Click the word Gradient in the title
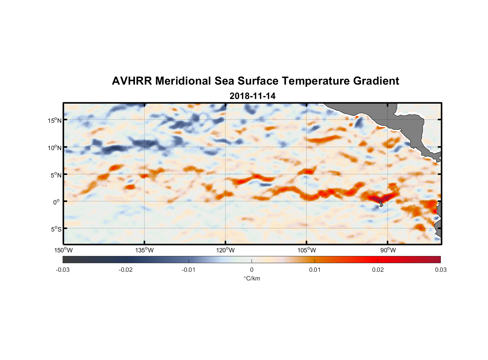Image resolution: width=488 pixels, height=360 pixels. pos(376,81)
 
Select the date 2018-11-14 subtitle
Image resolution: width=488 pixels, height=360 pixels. pos(252,96)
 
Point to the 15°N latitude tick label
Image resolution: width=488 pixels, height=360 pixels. pos(54,120)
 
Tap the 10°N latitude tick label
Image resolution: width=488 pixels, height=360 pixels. pos(54,148)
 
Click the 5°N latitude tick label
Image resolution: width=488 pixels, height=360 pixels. pos(55,175)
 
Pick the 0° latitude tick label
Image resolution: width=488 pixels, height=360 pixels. pos(57,202)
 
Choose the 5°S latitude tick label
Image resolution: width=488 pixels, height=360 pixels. pos(55,229)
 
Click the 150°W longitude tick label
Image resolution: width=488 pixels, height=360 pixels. pos(63,250)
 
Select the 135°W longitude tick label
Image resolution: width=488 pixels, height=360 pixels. pos(144,250)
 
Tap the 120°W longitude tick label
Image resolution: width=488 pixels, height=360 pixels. pos(225,250)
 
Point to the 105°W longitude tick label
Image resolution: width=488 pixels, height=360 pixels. pos(307,250)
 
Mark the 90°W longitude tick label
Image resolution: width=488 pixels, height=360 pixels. pos(388,250)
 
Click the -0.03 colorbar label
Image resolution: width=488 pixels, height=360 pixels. pos(63,270)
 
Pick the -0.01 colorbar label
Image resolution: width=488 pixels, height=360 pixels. pos(189,270)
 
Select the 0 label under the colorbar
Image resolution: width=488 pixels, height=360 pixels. pos(252,270)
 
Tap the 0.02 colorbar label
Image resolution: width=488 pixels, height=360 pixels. pos(378,270)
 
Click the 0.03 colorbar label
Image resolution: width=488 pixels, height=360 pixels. pos(440,270)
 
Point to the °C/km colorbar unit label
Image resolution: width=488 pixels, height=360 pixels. pos(252,278)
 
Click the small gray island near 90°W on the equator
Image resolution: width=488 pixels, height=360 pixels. pos(381,203)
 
